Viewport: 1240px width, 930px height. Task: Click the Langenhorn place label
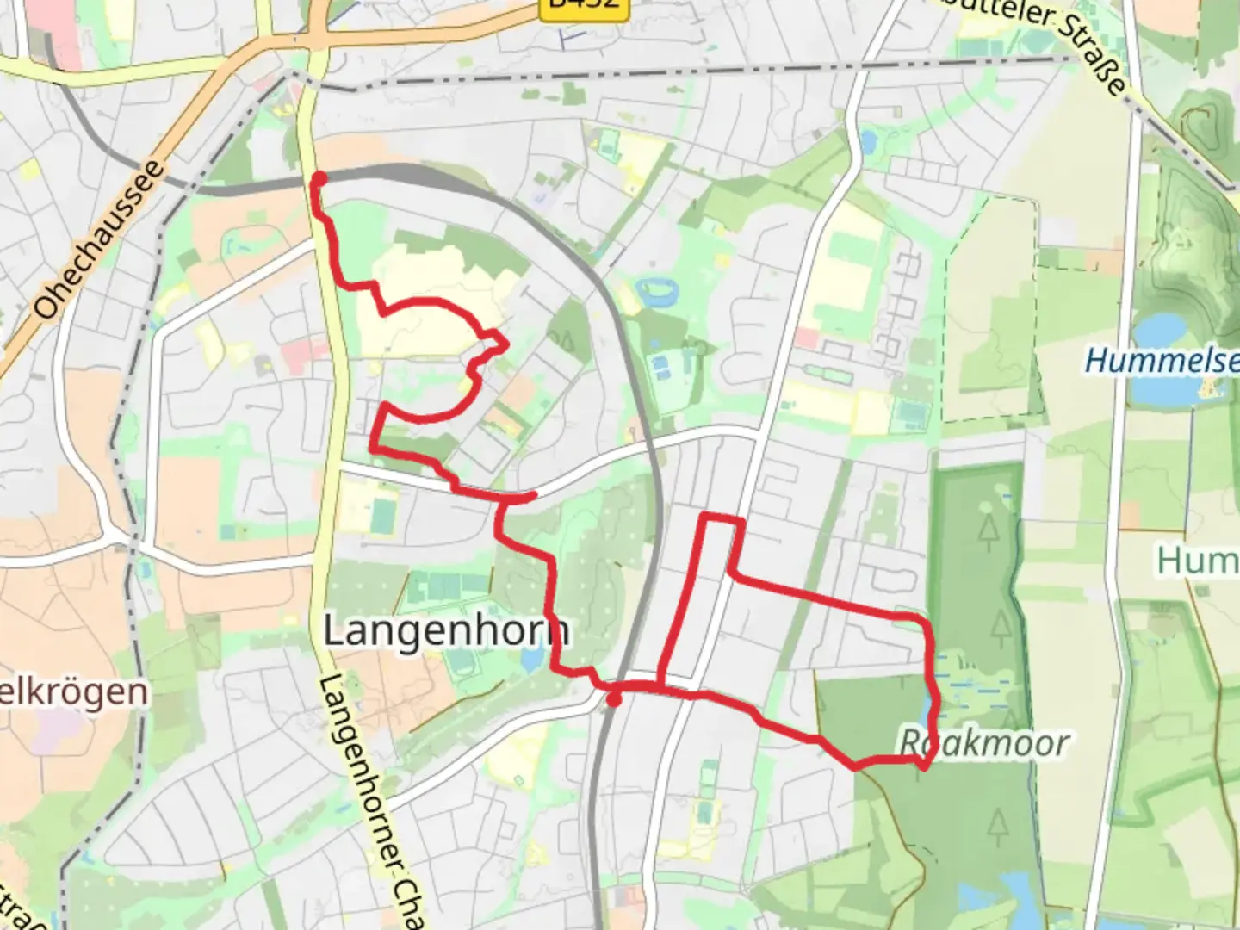click(445, 631)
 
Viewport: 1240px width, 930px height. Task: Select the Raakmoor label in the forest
click(984, 742)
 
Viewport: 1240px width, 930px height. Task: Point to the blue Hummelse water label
click(1162, 360)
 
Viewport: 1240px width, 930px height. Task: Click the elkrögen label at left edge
click(73, 691)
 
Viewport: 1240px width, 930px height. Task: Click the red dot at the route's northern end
click(319, 179)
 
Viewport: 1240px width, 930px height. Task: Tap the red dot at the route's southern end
click(613, 700)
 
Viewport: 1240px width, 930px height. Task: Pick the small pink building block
click(807, 337)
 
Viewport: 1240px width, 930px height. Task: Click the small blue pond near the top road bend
click(867, 140)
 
